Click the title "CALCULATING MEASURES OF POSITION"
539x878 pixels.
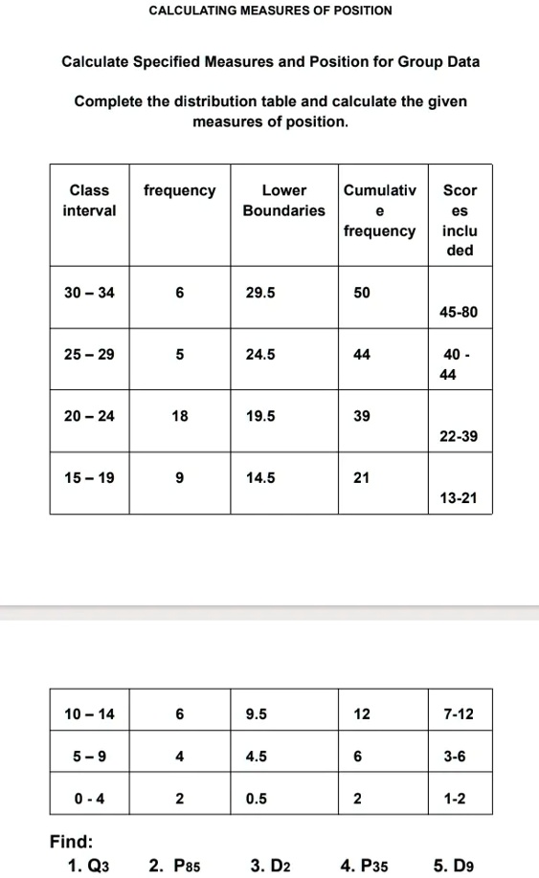[270, 11]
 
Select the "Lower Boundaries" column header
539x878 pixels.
[283, 200]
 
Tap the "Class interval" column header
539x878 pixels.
[89, 200]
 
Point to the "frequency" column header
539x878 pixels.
[180, 190]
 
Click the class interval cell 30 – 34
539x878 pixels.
[89, 293]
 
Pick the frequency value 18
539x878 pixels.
[180, 417]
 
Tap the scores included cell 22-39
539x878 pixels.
[459, 436]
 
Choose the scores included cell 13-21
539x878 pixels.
[459, 498]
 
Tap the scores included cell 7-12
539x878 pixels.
[459, 713]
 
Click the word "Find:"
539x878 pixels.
[72, 842]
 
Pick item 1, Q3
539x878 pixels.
[89, 867]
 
